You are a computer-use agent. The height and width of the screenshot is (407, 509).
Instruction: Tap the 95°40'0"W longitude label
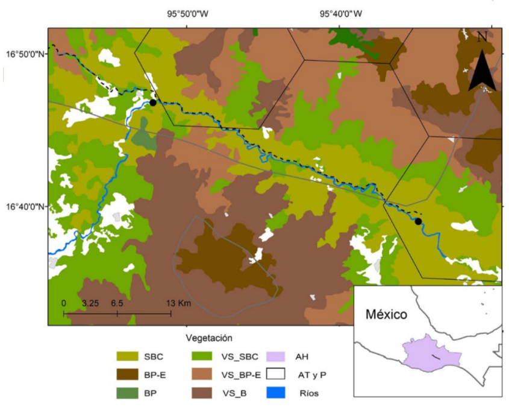coord(342,13)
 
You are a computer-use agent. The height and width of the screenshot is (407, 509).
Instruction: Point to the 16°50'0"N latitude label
coord(25,54)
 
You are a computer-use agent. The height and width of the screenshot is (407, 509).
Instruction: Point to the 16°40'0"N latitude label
coord(25,206)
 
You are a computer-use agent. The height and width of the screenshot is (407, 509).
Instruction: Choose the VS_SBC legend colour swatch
coord(205,356)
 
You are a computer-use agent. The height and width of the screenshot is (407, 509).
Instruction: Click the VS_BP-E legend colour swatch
coord(205,374)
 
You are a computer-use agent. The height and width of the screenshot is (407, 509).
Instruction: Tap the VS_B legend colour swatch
coord(205,393)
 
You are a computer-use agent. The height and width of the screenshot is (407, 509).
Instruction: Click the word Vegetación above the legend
coord(209,338)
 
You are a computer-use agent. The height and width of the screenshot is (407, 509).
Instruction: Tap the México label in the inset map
coord(386,314)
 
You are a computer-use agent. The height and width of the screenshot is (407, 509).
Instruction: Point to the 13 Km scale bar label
coord(180,303)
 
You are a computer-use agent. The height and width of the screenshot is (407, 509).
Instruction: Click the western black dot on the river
coord(153,103)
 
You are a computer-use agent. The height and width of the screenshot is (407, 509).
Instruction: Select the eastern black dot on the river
coord(418,221)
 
